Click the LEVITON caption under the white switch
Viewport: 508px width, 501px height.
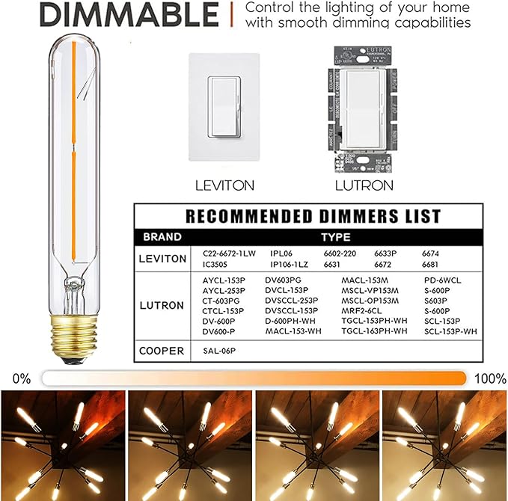[224, 185]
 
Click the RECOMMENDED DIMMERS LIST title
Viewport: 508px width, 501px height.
[313, 217]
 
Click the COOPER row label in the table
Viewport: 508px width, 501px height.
[162, 350]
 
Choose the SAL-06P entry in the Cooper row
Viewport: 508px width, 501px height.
[218, 350]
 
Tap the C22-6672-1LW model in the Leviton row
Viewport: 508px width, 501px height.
[229, 253]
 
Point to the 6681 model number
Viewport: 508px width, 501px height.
[431, 265]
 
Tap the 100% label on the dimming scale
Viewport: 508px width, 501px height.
[489, 378]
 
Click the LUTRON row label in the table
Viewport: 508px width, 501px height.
[162, 305]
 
